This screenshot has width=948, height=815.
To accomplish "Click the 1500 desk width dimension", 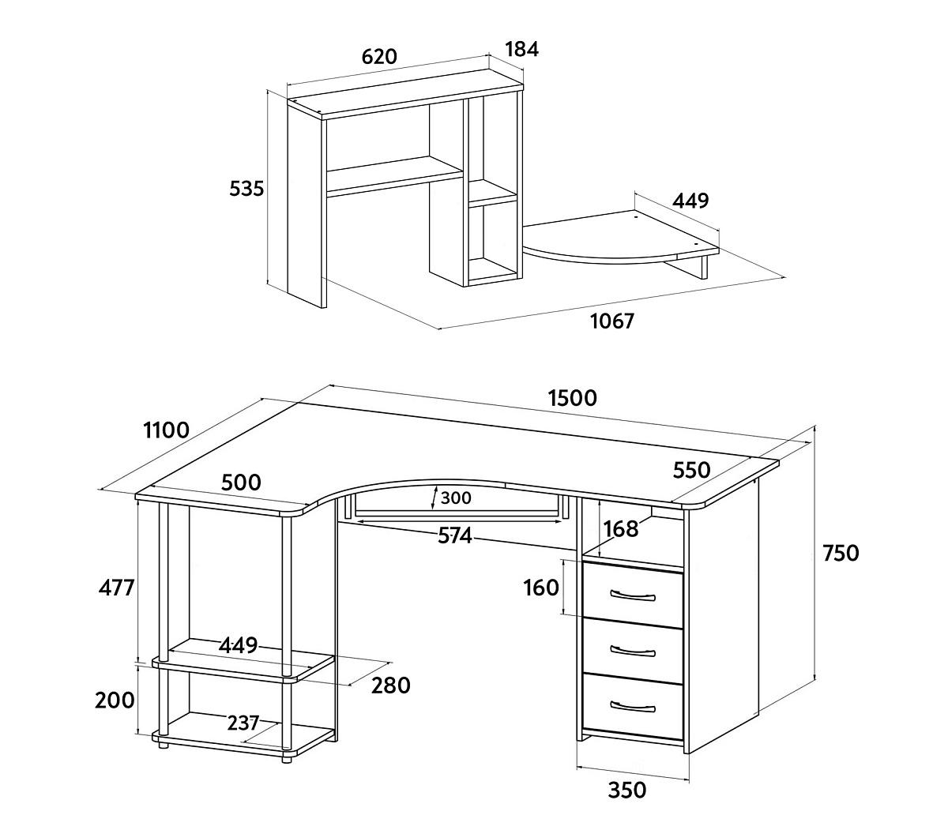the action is (573, 398).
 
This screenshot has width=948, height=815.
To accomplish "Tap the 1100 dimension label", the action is (166, 430).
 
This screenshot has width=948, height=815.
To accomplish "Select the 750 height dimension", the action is (841, 553).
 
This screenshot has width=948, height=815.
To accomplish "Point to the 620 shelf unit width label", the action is (379, 56).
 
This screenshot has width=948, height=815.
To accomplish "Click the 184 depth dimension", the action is (522, 49).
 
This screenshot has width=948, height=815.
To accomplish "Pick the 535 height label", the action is (246, 189).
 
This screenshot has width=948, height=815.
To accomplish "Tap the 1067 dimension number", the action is (611, 321).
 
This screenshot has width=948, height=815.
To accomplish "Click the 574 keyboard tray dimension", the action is (454, 535).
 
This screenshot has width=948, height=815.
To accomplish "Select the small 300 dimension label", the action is (456, 498).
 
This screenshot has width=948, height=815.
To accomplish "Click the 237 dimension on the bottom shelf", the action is (243, 723).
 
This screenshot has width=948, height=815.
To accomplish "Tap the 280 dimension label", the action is (391, 685).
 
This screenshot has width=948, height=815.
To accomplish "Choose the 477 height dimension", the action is (116, 588).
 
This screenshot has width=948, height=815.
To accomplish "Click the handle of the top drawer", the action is (633, 595).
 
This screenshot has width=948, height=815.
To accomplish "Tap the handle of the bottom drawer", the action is (633, 706).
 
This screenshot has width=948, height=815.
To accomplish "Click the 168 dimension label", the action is (620, 529).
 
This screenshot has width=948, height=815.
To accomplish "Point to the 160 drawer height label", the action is (541, 588).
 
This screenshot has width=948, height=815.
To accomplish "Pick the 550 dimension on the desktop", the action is (691, 470).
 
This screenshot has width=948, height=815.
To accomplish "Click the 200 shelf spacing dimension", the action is (115, 700).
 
